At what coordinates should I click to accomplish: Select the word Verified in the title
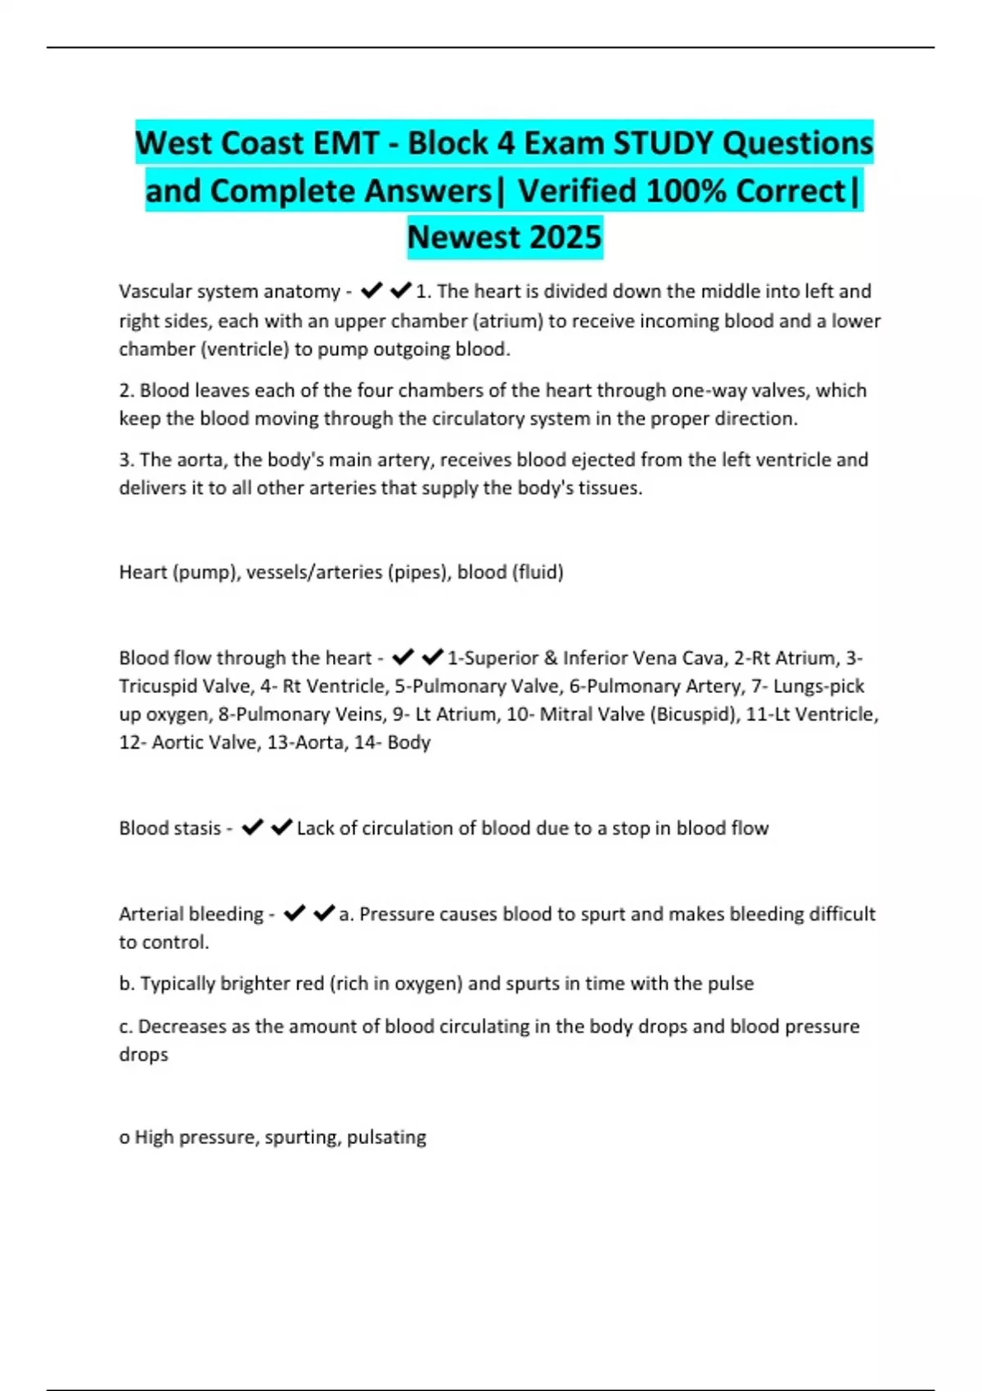pyautogui.click(x=578, y=191)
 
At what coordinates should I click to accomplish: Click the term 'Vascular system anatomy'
pyautogui.click(x=229, y=291)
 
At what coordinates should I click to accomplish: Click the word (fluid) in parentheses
pyautogui.click(x=538, y=572)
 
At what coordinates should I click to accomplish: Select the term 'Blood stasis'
pyautogui.click(x=170, y=828)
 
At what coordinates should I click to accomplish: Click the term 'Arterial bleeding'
pyautogui.click(x=191, y=914)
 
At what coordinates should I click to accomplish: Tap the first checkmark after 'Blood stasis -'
pyautogui.click(x=252, y=827)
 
